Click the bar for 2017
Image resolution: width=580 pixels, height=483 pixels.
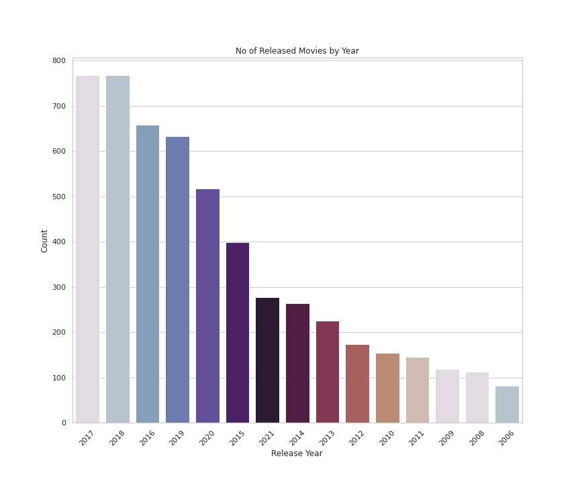87,249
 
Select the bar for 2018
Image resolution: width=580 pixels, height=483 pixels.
117,249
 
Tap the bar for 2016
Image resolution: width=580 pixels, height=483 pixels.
148,274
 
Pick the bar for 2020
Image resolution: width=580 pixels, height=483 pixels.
207,306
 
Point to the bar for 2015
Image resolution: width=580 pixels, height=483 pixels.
238,333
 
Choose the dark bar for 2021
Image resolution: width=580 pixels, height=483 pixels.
267,360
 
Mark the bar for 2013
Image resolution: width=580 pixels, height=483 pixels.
328,372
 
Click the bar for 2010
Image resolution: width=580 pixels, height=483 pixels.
387,388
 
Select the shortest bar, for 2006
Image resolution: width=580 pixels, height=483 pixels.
507,405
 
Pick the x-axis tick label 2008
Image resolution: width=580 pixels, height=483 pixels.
476,438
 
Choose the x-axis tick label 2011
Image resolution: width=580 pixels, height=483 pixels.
416,438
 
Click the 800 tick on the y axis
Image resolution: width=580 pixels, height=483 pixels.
59,61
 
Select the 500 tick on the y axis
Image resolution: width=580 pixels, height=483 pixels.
59,197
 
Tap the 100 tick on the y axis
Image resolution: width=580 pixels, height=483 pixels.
59,378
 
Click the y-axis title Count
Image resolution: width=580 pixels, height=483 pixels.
45,241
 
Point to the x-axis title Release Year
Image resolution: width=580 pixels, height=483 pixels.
297,454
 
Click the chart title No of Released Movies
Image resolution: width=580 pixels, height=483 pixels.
297,51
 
